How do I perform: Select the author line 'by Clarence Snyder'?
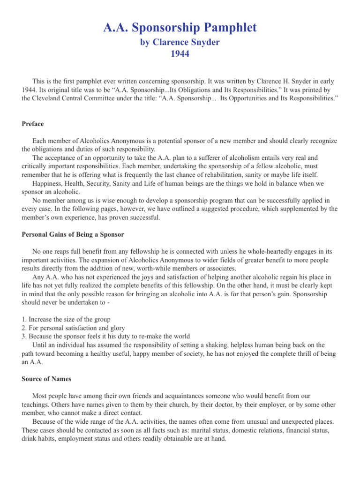(x=180, y=42)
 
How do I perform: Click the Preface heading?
(x=33, y=124)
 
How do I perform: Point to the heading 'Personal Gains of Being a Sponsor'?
(x=73, y=234)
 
